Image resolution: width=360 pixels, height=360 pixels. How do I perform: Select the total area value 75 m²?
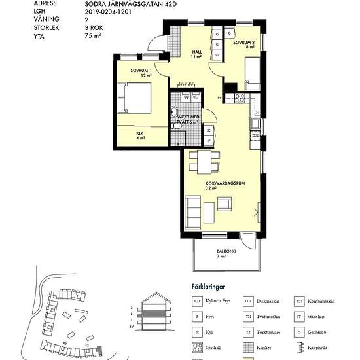pyautogui.click(x=94, y=37)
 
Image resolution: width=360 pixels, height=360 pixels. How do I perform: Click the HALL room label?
pyautogui.click(x=197, y=54)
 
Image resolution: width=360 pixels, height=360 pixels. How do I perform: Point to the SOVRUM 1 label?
pyautogui.click(x=141, y=72)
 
